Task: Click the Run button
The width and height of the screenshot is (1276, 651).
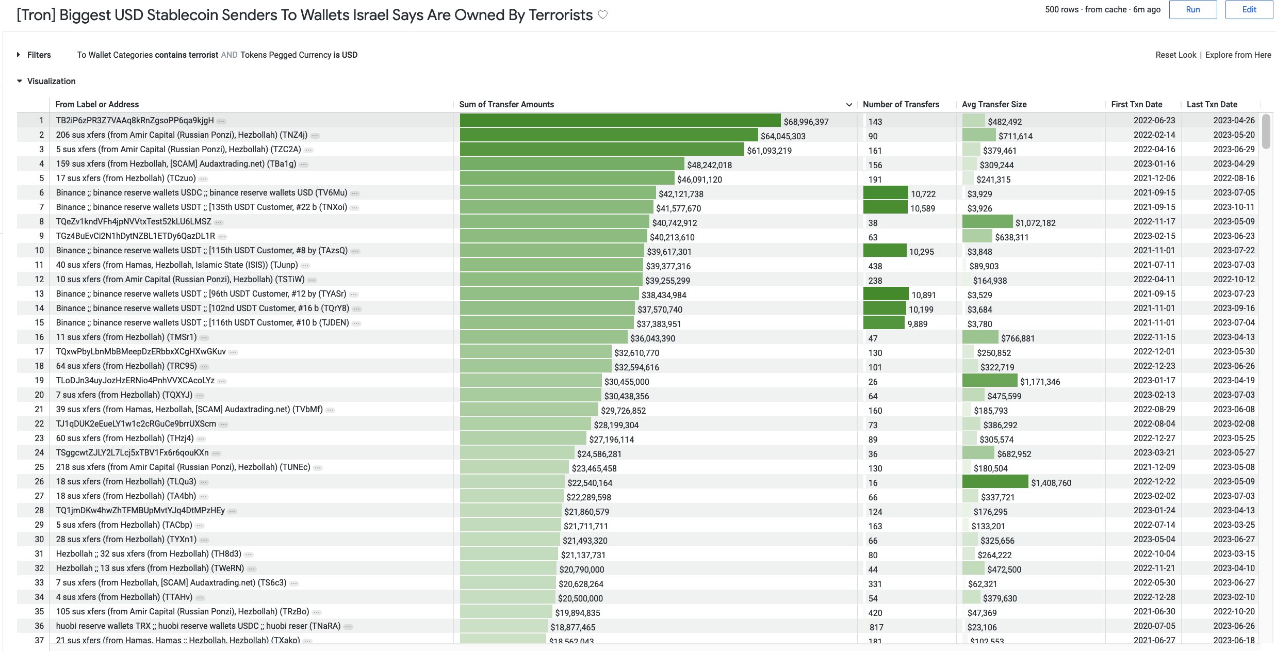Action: click(1192, 10)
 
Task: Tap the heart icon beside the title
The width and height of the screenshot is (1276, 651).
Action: click(602, 15)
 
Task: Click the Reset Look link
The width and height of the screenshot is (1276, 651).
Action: click(1175, 55)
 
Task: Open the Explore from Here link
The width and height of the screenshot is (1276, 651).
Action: click(1238, 55)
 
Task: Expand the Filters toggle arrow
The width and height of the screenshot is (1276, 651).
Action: click(19, 55)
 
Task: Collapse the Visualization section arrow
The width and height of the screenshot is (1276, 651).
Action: click(20, 81)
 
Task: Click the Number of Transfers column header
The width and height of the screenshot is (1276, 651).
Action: click(901, 104)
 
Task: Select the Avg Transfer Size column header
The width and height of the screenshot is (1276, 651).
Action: click(994, 104)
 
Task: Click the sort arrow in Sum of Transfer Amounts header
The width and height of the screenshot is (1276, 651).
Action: click(849, 105)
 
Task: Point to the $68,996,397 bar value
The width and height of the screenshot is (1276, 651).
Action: click(806, 122)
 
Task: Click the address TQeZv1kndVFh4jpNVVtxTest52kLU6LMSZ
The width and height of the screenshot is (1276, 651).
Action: click(134, 221)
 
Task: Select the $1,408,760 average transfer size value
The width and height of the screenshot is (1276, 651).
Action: click(1051, 483)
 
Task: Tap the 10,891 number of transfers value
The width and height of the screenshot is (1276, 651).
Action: click(923, 295)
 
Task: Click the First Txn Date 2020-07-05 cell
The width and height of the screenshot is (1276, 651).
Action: click(1154, 626)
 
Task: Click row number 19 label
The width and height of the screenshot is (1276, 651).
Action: click(39, 380)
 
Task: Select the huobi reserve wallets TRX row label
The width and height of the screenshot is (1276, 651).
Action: click(198, 626)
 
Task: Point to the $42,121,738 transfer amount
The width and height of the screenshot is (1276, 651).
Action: click(681, 194)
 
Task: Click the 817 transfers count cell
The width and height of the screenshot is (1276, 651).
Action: click(876, 627)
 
